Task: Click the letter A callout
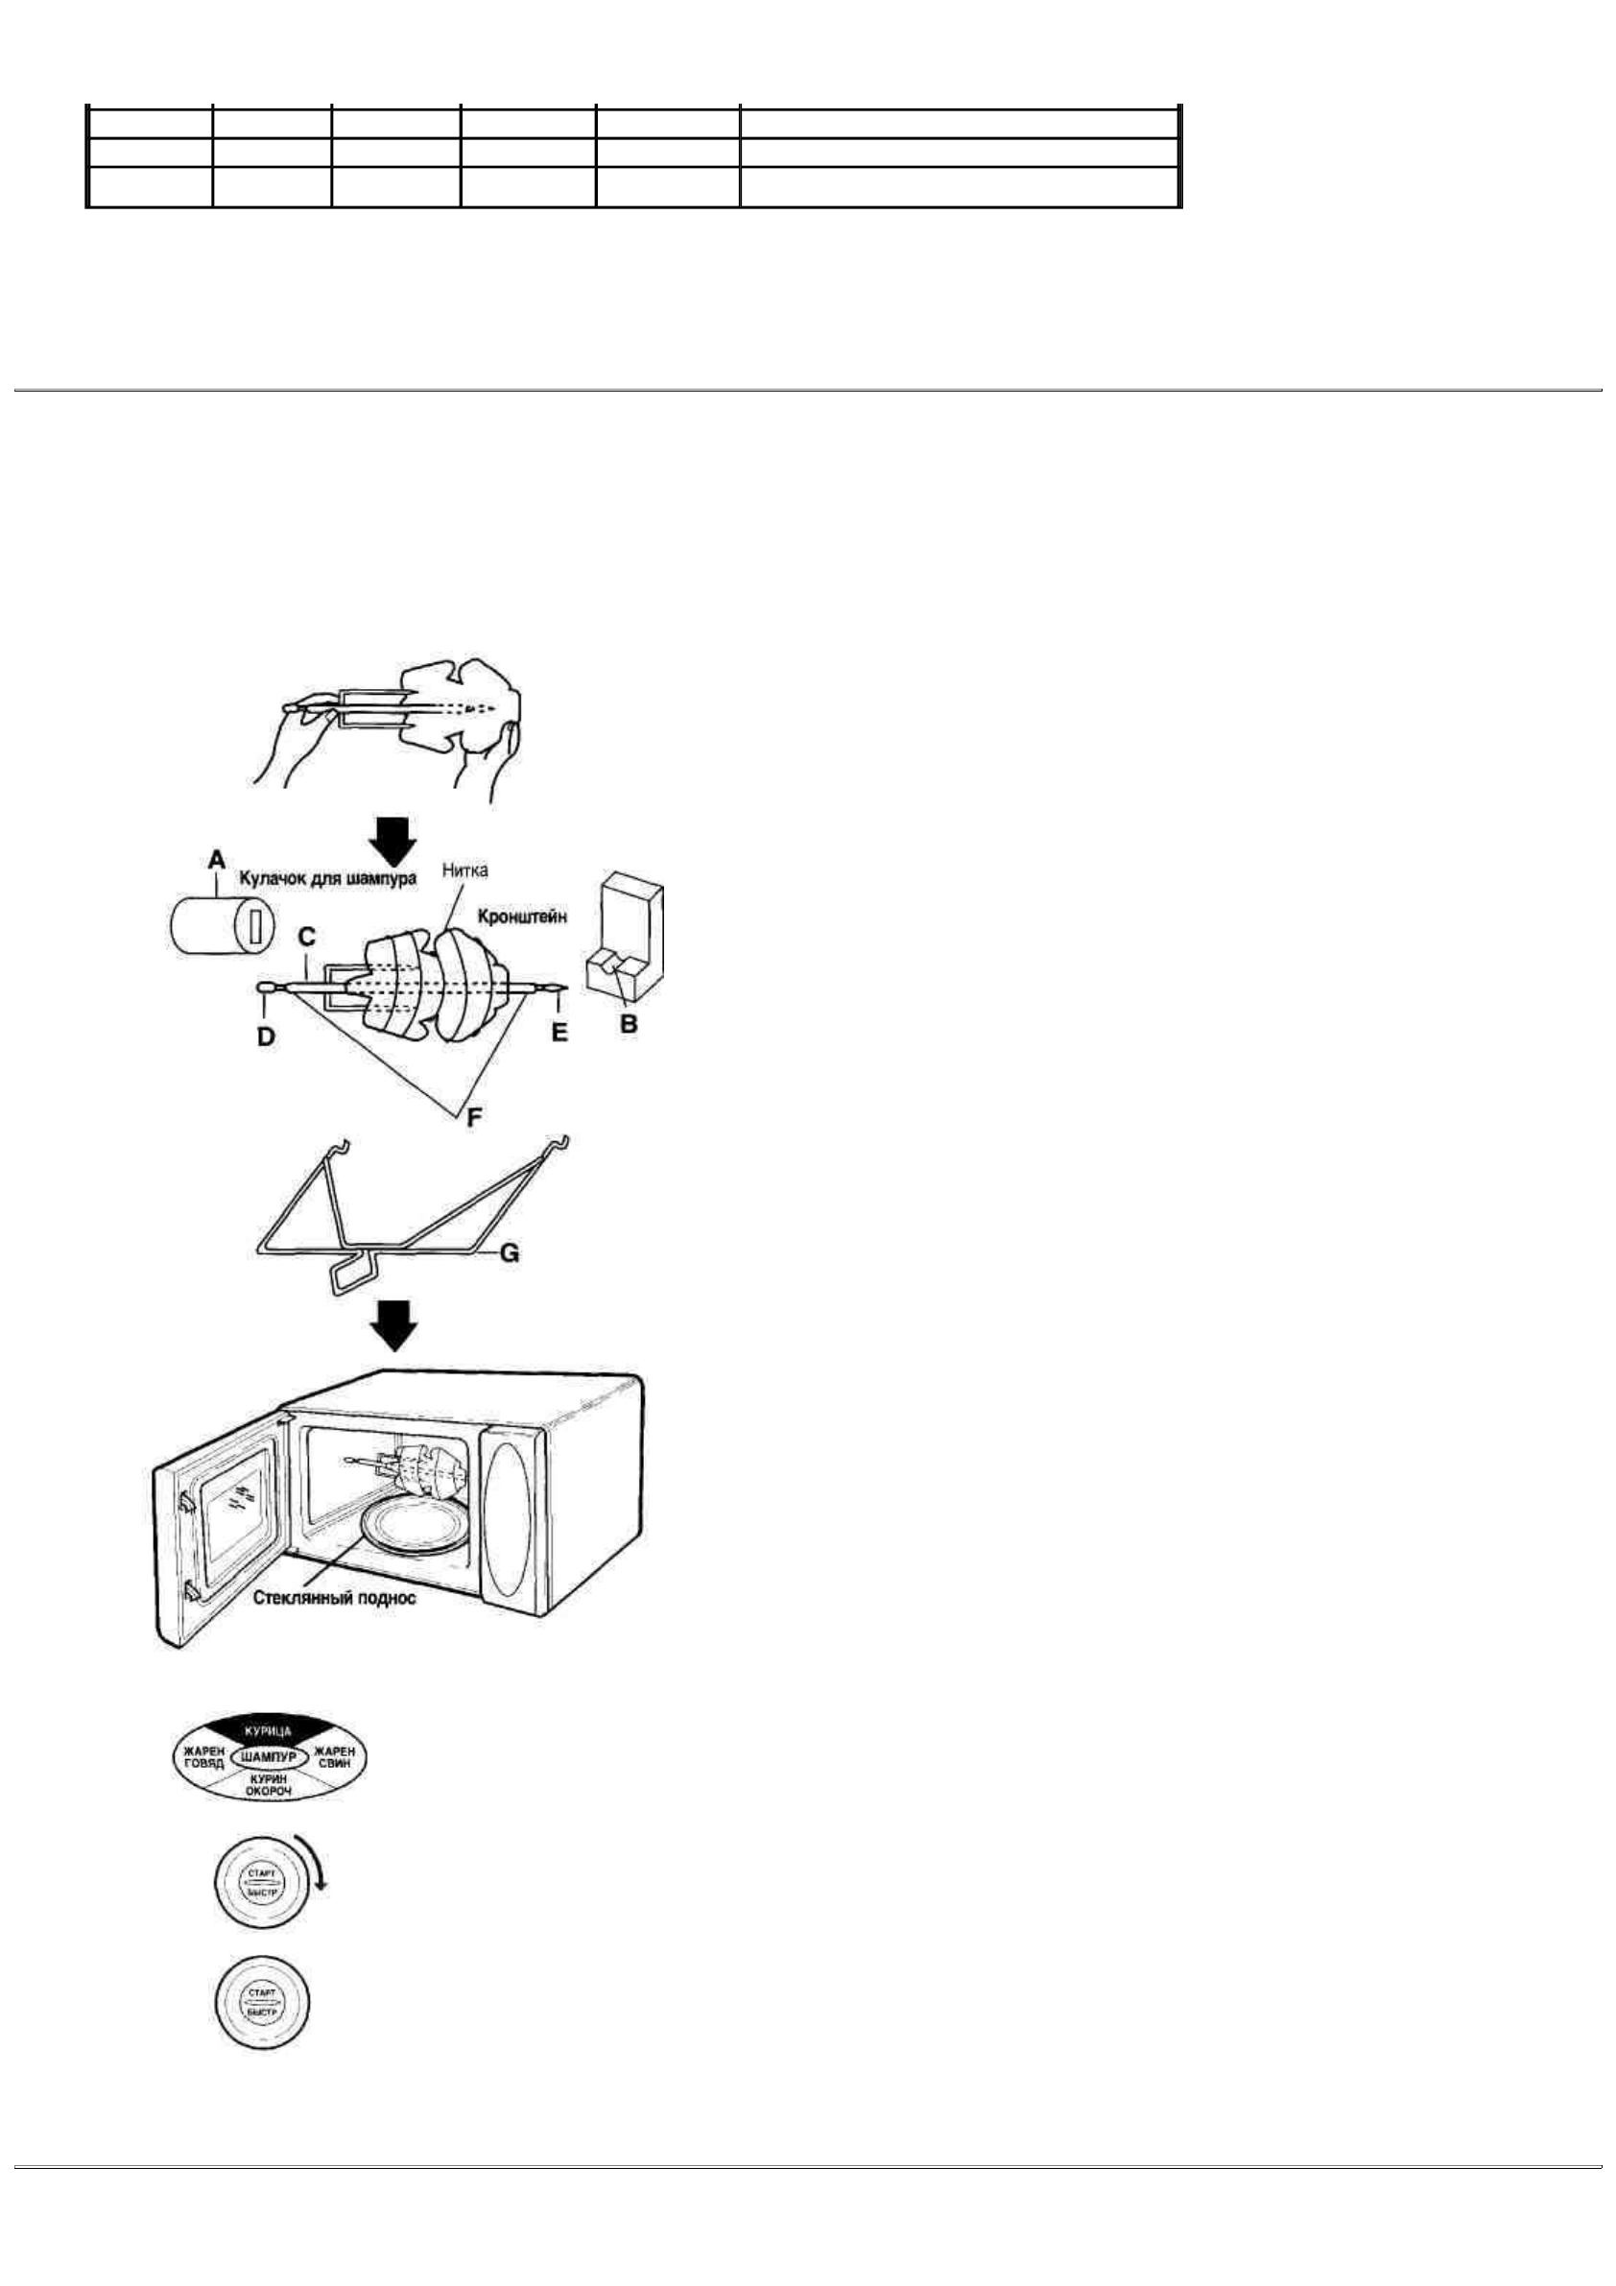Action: coord(217,859)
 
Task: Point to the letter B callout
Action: coord(629,1022)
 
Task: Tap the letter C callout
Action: coord(307,937)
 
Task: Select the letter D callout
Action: coord(266,1036)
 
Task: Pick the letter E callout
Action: coord(559,1033)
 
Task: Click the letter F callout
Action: coord(475,1117)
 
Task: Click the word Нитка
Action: coord(465,870)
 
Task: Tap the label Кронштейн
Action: coord(522,917)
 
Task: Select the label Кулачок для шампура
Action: coord(326,880)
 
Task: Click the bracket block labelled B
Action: coord(627,936)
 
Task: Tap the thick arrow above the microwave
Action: coord(395,1325)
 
